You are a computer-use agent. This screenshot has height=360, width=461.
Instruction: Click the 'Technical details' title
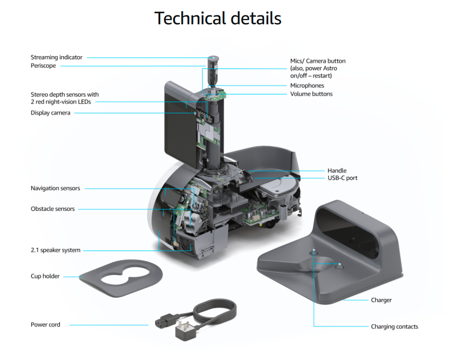217,18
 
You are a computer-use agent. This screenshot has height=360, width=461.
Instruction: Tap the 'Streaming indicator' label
56,57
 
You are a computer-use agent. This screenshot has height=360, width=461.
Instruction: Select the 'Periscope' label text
43,66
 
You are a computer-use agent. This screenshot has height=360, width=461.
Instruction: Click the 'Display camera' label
50,113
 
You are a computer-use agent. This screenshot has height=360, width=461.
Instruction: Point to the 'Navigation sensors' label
55,188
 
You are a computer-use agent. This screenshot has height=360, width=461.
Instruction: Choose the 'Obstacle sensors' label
53,209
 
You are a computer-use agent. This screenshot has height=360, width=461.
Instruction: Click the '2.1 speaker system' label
55,250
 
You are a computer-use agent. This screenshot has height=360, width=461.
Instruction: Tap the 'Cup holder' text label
45,276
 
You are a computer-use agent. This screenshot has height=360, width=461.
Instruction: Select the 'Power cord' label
45,324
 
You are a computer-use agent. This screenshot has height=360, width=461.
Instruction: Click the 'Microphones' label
307,85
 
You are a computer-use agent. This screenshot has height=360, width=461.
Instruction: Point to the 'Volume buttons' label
311,94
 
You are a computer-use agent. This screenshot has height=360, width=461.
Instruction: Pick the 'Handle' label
337,171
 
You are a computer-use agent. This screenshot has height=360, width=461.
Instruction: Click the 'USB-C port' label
343,178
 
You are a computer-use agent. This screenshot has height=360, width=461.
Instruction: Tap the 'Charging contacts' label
394,327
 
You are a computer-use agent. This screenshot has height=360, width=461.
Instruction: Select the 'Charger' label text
381,300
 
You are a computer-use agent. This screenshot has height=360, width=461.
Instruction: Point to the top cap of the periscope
212,58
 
